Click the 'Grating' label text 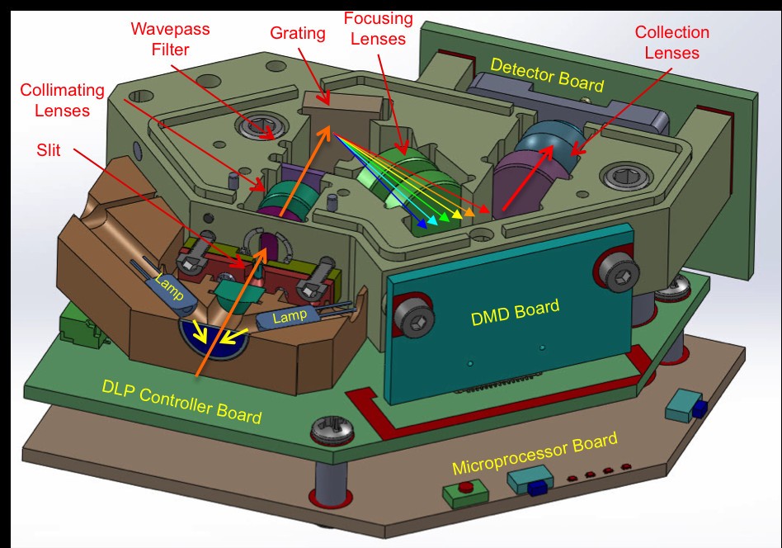pos(298,34)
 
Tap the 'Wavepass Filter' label pos(171,39)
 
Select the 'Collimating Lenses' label pos(63,100)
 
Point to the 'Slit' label pos(49,149)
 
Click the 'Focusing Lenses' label pos(379,28)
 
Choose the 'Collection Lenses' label pos(671,42)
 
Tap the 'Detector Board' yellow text pos(547,75)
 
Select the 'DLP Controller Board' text pos(181,401)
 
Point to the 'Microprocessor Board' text pos(535,452)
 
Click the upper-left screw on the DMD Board pos(413,315)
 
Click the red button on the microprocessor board pos(466,487)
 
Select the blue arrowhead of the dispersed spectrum pos(422,224)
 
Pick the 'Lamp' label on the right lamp pos(290,315)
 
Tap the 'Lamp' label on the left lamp pos(168,287)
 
